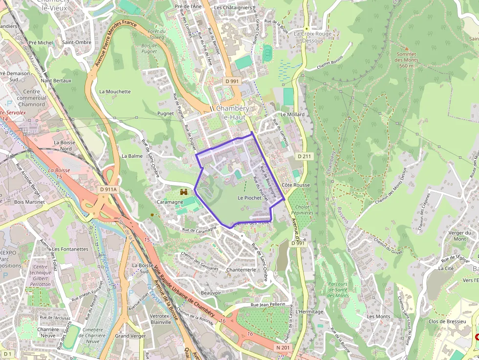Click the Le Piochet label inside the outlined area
249,198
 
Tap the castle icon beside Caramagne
184,191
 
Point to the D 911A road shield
109,189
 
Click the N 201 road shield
283,347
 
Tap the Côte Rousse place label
296,185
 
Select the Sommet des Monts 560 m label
406,60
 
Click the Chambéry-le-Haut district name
233,112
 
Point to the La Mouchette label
115,91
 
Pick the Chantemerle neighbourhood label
241,270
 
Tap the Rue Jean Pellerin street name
267,304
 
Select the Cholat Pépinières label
302,210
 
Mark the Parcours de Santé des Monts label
338,290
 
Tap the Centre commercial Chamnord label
31,98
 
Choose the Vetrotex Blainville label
161,319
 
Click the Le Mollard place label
292,114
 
